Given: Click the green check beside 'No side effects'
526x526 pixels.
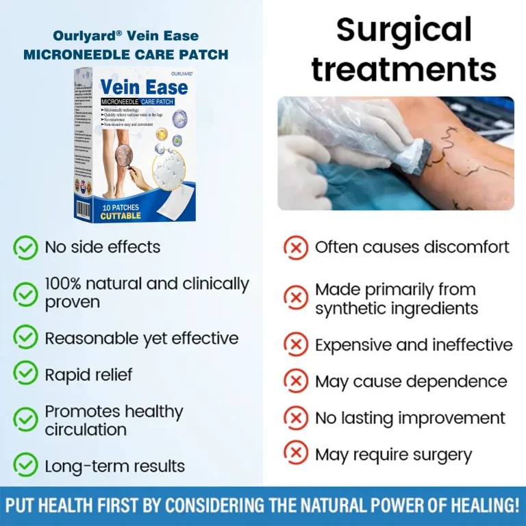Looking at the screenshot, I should click(x=25, y=247).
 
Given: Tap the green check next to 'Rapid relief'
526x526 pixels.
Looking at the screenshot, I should click(x=25, y=373).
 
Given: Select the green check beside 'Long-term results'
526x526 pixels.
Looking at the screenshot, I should click(x=25, y=466).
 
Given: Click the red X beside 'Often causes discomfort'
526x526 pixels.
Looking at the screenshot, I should click(x=295, y=247).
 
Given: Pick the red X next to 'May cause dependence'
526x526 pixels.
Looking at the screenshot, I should click(x=295, y=381).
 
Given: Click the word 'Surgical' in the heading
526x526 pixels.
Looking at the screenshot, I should click(x=404, y=31).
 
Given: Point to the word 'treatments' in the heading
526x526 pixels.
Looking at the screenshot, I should click(x=404, y=69).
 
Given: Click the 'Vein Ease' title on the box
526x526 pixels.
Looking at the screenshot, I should click(x=144, y=88).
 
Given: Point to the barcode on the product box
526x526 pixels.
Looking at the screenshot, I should click(x=83, y=209).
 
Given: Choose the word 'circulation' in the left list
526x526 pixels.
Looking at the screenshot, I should click(x=86, y=430).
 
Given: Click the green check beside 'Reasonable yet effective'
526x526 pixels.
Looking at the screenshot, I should click(x=25, y=337).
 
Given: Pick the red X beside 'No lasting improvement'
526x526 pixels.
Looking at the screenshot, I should click(x=295, y=418).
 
